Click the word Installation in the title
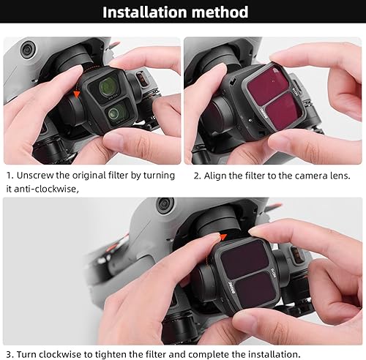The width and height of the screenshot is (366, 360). click(149, 12)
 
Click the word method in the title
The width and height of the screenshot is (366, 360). click(223, 12)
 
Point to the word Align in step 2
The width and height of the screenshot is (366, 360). click(220, 176)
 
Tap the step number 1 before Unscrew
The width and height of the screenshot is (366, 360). click(9, 176)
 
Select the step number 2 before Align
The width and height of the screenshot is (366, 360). click(197, 176)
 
